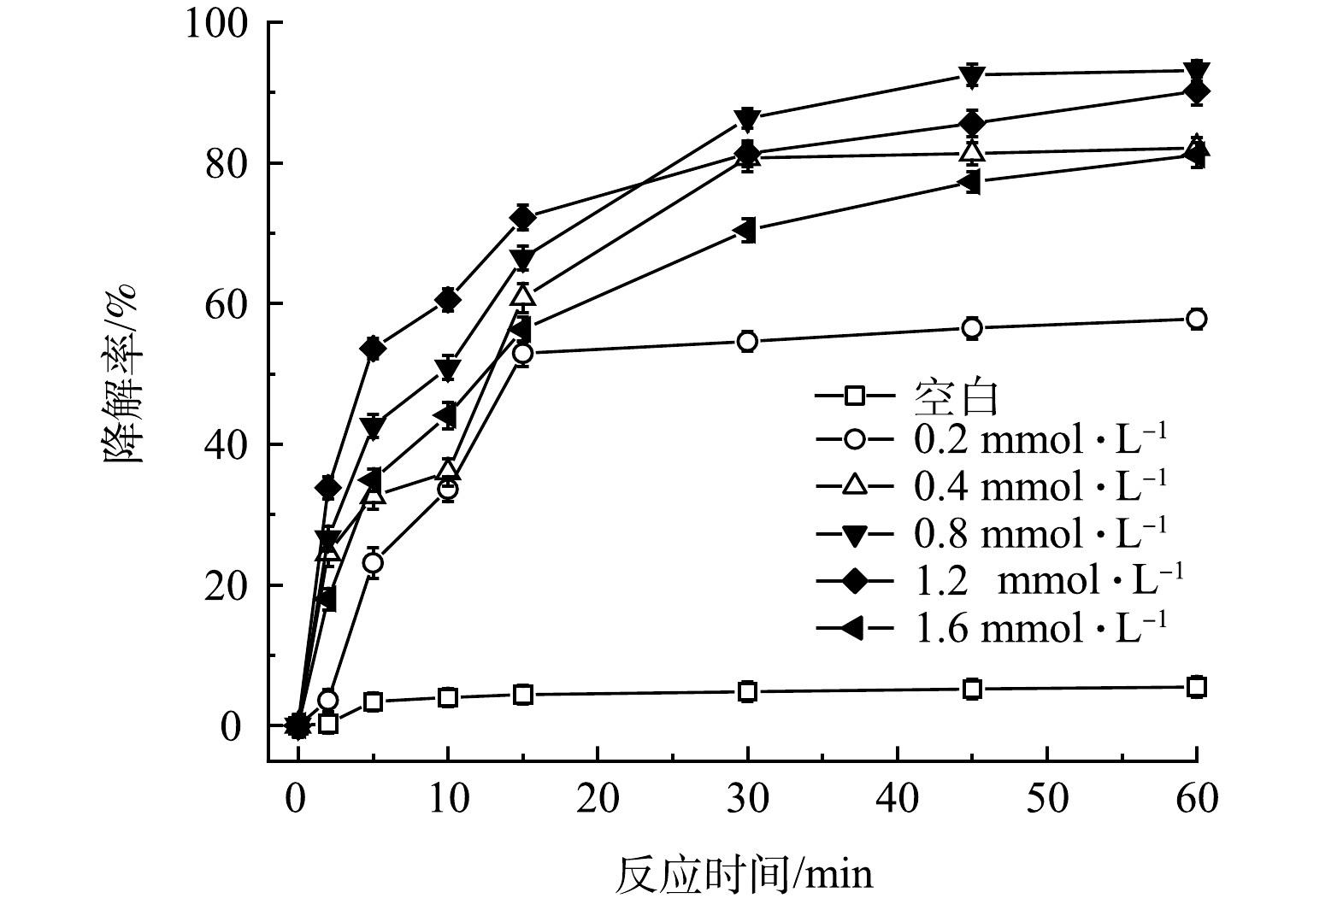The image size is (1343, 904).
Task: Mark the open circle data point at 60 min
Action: coord(1197,319)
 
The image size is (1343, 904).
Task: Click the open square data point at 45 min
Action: coord(972,689)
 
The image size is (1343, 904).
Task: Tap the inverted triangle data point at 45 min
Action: coord(972,75)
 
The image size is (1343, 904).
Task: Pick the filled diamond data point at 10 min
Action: coord(448,300)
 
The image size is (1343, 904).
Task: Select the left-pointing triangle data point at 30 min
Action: coord(748,230)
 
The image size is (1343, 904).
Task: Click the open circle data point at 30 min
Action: coord(748,341)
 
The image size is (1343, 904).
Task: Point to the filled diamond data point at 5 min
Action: coord(373,348)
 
